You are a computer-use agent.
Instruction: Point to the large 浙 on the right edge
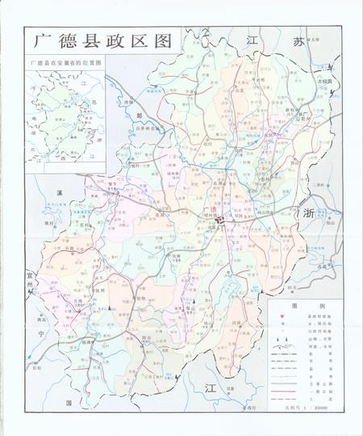(x=307, y=213)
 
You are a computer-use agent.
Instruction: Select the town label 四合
(x=148, y=337)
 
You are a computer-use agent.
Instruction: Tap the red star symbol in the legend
(x=282, y=317)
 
